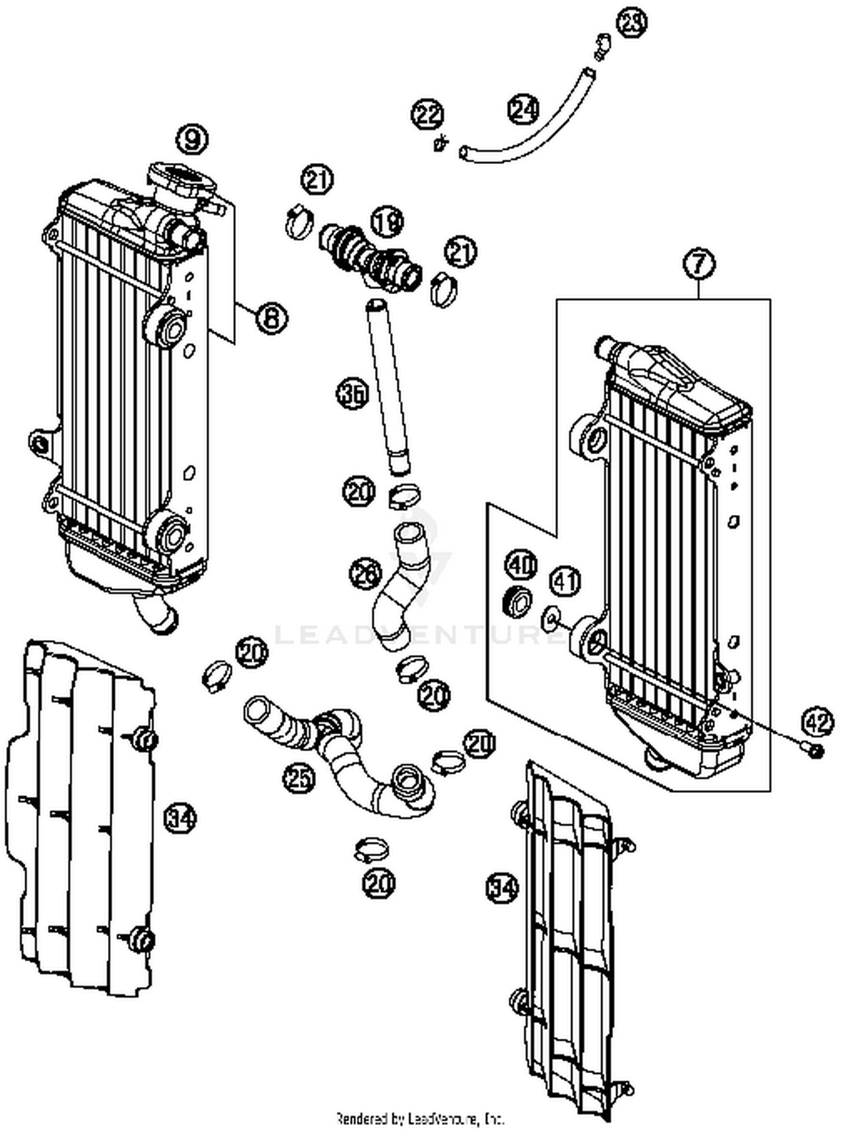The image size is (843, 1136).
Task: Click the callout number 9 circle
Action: (192, 139)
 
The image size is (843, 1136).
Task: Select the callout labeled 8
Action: (271, 318)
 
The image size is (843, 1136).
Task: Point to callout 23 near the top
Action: (631, 22)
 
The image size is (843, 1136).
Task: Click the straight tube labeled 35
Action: (388, 387)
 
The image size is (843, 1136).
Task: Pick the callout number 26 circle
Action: (365, 574)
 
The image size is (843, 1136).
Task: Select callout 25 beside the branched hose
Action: (298, 778)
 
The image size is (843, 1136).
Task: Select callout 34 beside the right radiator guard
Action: (502, 888)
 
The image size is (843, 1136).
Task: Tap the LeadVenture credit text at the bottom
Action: (420, 1118)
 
